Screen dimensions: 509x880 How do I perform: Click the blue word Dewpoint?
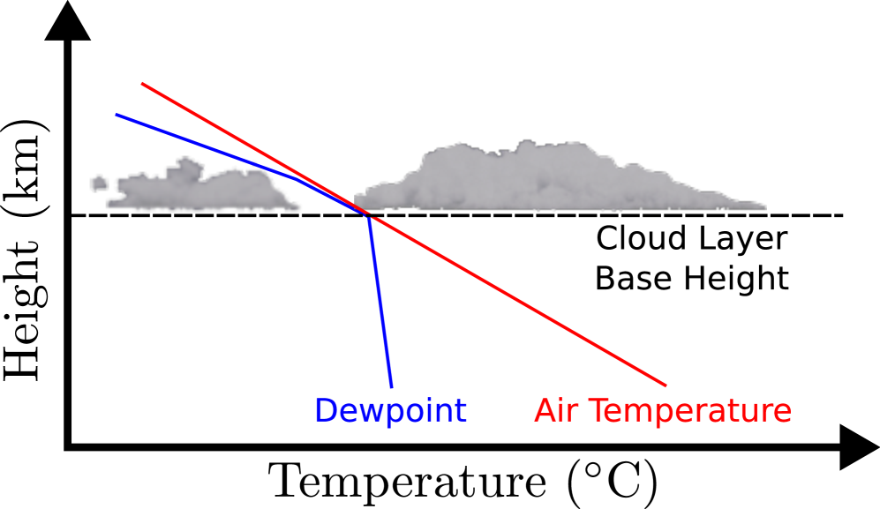[390, 410]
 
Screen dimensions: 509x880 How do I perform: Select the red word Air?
[557, 410]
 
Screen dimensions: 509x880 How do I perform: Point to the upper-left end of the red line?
[143, 84]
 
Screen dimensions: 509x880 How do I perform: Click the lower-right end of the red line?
[665, 385]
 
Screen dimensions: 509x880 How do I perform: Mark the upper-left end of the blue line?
[117, 114]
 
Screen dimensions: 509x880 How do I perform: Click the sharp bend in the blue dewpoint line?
[367, 214]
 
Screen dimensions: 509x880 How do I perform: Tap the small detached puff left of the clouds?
[99, 183]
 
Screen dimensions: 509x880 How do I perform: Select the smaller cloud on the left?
[203, 190]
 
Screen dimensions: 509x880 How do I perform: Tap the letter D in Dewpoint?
[326, 410]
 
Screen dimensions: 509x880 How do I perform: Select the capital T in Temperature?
[596, 410]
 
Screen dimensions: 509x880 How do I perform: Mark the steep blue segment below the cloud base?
[380, 300]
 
